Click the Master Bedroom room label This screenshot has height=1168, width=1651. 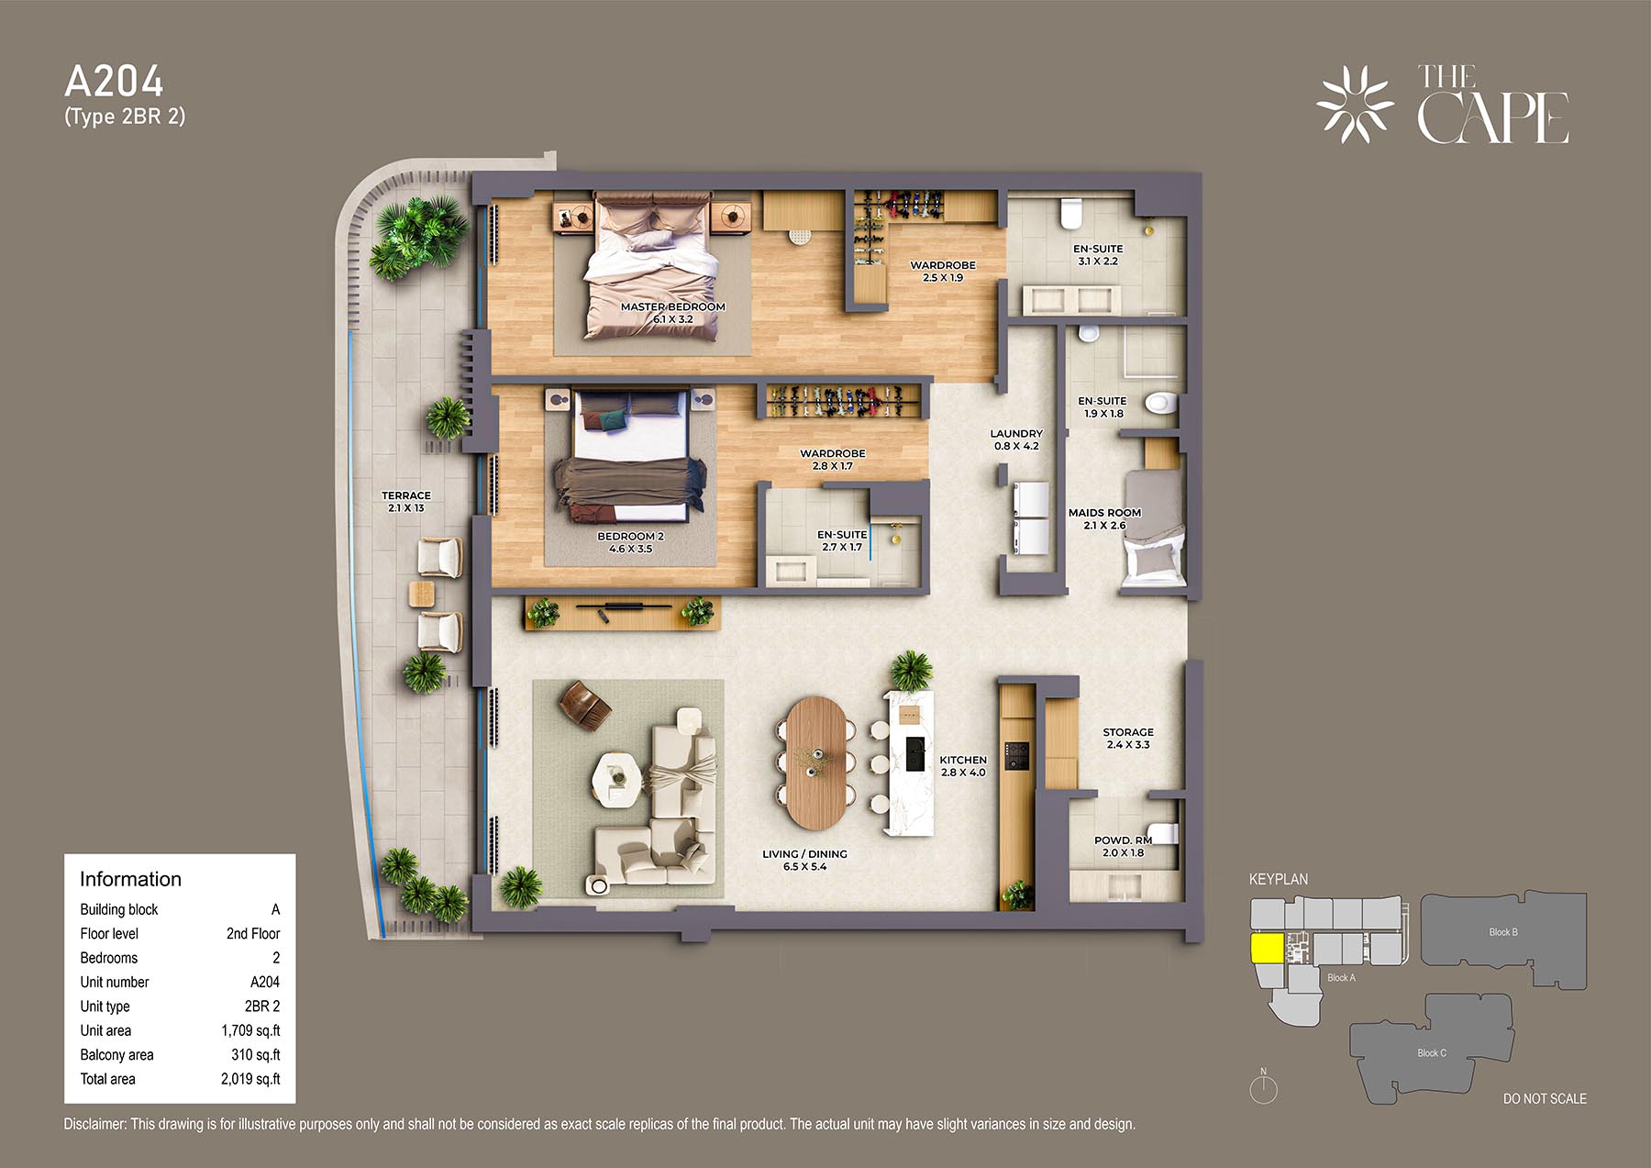click(x=672, y=313)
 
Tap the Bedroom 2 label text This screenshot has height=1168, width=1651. click(x=630, y=542)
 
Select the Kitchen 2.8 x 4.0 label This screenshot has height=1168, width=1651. click(x=963, y=766)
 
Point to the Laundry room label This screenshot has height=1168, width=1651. click(x=1016, y=439)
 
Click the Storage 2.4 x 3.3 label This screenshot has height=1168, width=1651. click(x=1128, y=739)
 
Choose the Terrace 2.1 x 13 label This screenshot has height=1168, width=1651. click(x=406, y=502)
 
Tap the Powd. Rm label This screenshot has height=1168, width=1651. click(x=1123, y=846)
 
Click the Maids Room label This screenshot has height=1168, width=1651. click(x=1104, y=519)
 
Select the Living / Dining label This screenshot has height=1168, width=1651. click(x=804, y=860)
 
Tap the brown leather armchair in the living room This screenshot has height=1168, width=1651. click(x=584, y=704)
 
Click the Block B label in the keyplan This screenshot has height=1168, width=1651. click(x=1502, y=932)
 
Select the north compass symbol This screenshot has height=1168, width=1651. click(x=1263, y=1087)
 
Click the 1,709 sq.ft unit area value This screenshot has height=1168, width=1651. click(x=250, y=1030)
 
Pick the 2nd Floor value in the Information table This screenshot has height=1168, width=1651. click(x=253, y=933)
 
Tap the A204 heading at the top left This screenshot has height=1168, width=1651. click(x=114, y=82)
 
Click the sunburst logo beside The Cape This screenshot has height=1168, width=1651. click(x=1355, y=105)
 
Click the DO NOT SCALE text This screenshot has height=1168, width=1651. click(x=1545, y=1098)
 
